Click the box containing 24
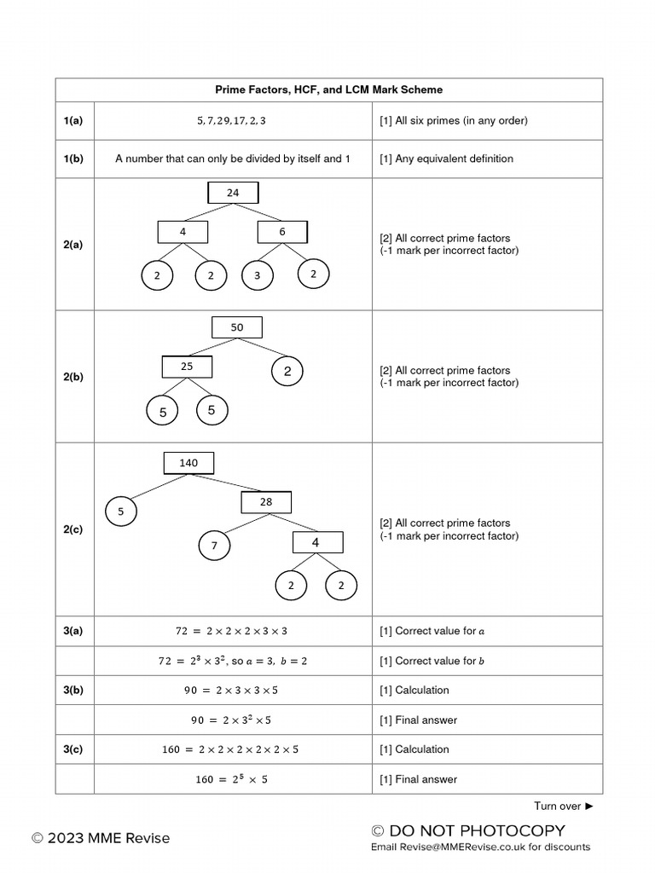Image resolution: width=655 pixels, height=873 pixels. [233, 193]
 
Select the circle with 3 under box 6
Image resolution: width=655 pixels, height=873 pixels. [258, 275]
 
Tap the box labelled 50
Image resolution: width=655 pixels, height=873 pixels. [237, 327]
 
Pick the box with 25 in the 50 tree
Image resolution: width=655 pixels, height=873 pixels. [187, 367]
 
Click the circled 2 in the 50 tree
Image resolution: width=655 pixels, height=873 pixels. [287, 371]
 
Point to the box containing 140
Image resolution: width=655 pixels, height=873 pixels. [188, 463]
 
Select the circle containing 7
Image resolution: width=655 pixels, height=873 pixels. [214, 545]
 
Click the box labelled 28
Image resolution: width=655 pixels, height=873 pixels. [266, 502]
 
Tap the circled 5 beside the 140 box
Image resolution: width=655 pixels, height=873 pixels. [120, 512]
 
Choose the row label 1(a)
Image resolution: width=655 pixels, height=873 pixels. [73, 120]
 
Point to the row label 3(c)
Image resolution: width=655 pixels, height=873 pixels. [73, 749]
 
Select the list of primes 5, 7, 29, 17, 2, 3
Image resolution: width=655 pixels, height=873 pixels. [232, 120]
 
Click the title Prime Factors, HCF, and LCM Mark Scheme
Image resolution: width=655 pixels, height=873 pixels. [328, 90]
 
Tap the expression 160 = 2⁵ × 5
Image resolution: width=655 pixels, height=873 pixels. [232, 779]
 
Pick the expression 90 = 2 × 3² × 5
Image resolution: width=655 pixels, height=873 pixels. [231, 720]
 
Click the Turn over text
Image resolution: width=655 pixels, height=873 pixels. [563, 807]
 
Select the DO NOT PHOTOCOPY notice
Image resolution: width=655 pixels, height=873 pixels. [468, 830]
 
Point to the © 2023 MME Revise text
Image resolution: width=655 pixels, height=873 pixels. [101, 838]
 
